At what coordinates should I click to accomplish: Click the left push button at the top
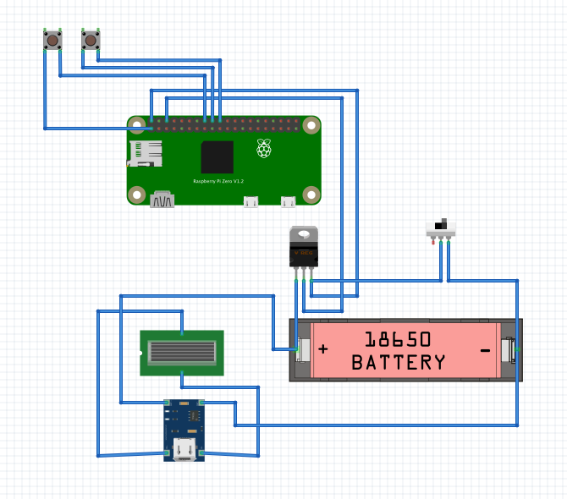pos(52,40)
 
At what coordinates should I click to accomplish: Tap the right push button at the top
pos(91,40)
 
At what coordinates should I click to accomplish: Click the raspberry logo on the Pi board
pos(265,149)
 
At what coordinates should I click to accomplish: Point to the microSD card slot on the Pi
pos(146,153)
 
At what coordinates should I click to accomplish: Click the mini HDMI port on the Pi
pos(162,200)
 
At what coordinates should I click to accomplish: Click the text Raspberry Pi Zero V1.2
pos(218,181)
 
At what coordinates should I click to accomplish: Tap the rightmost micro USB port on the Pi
pos(289,202)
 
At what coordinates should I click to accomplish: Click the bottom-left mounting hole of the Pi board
pos(136,195)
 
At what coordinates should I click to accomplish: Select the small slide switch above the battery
pos(441,228)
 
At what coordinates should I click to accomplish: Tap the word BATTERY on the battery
pos(398,363)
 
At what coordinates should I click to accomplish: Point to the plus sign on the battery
pos(322,348)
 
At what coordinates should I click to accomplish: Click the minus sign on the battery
pos(486,349)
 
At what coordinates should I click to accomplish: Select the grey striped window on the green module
pos(181,352)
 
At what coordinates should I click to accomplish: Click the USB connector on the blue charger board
pos(184,450)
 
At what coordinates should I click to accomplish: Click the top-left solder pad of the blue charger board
pos(168,403)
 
